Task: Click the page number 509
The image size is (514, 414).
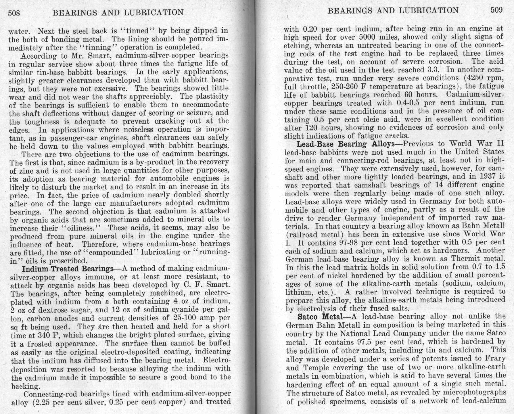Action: click(496, 10)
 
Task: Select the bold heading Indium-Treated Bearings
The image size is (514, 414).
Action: click(68, 269)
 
